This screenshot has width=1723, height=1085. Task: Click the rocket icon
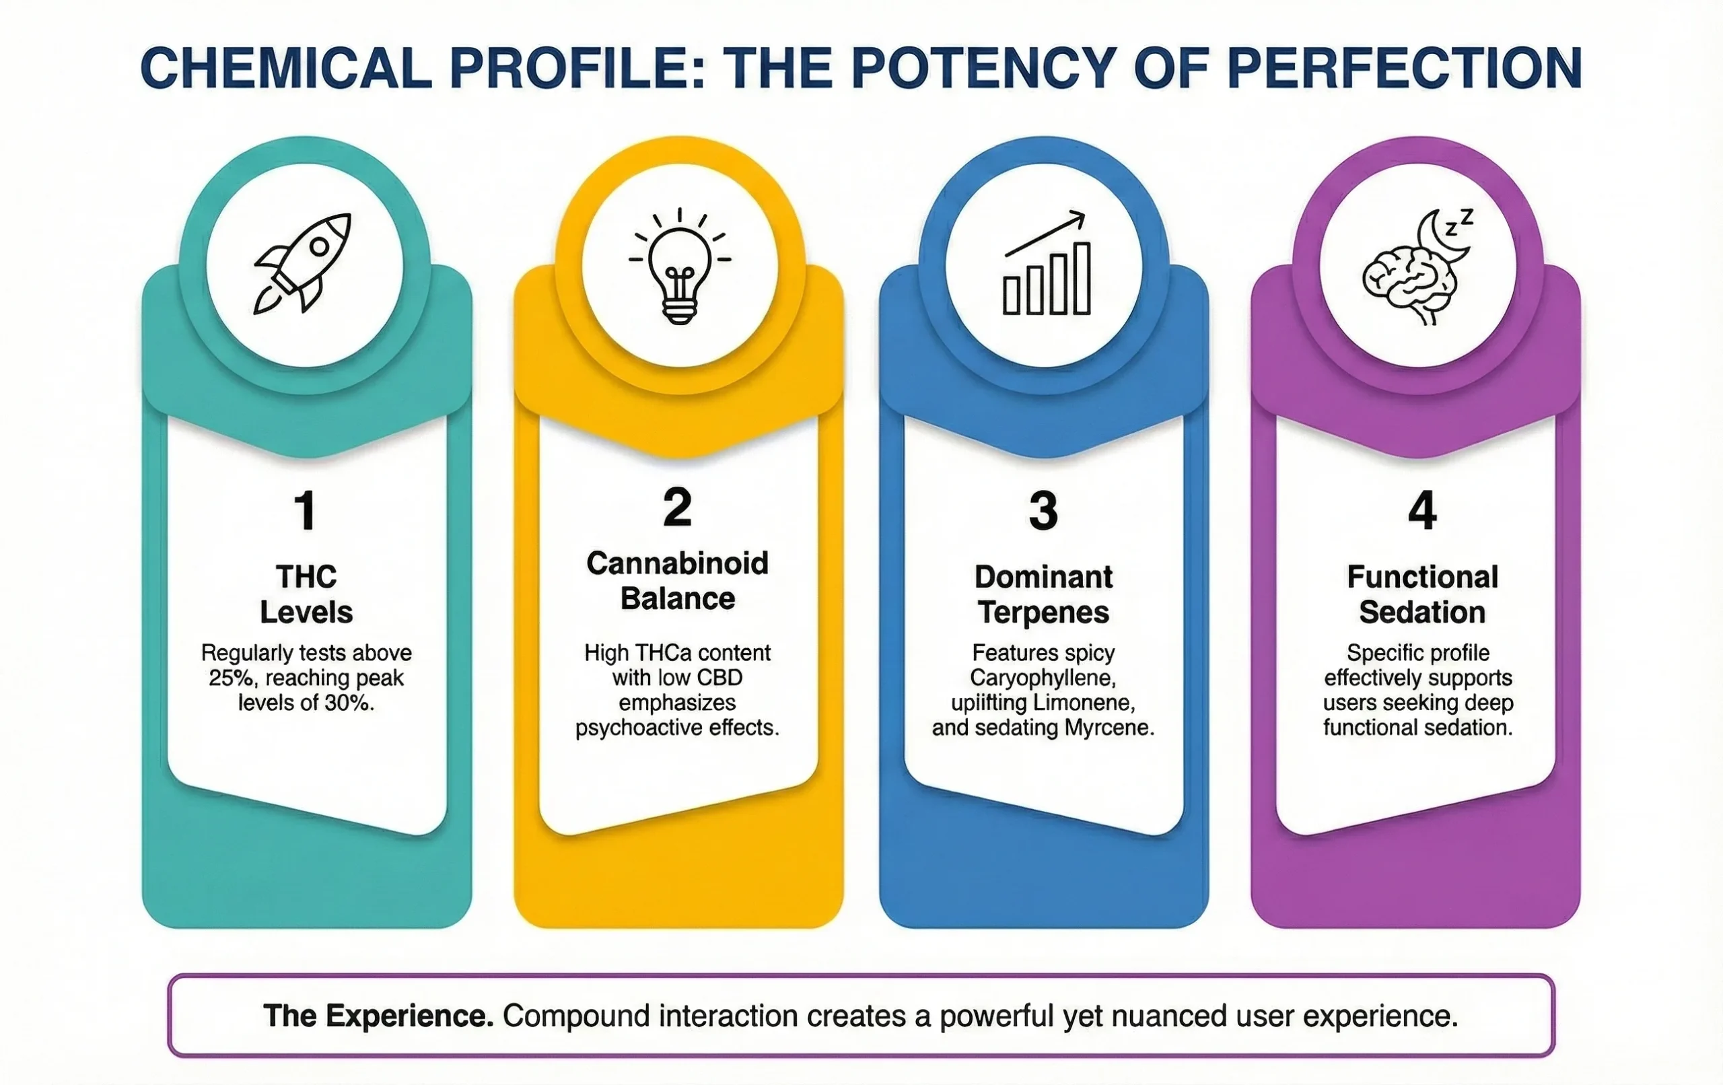(303, 262)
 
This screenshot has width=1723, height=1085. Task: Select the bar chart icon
(1046, 262)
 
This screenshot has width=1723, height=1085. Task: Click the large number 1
(306, 510)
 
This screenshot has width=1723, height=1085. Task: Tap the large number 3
(1043, 510)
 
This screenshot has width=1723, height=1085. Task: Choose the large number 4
(1421, 510)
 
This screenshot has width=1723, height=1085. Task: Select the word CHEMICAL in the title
(286, 69)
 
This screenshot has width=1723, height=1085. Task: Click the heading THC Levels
(306, 594)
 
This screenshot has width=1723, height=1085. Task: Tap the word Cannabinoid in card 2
(678, 563)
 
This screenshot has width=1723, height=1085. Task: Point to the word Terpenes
(1043, 612)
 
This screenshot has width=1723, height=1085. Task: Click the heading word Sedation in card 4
(1421, 612)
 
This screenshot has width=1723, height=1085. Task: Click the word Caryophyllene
(1043, 678)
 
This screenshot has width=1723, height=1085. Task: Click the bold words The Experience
(378, 1016)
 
